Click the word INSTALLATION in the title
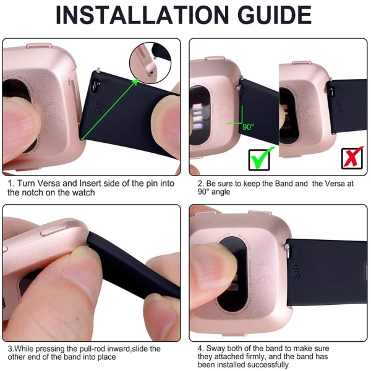point(142,15)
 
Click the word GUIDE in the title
point(275,15)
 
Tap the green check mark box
point(260,158)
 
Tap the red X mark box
point(352,158)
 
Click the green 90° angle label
point(248,127)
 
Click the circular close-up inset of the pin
point(150,62)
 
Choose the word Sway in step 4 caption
point(216,349)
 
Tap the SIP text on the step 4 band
point(296,271)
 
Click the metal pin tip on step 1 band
point(98,69)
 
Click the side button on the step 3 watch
point(53,231)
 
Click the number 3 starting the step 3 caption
point(11,349)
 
